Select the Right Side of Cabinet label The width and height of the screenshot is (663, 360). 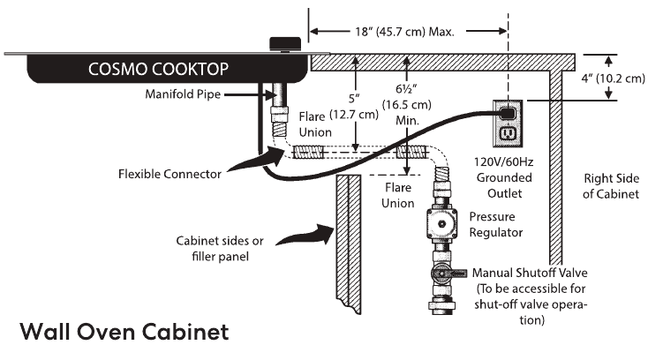point(609,185)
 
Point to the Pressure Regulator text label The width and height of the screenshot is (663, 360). point(496,224)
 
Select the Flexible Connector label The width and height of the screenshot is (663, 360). point(169,173)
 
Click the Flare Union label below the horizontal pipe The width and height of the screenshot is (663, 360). point(396,195)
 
